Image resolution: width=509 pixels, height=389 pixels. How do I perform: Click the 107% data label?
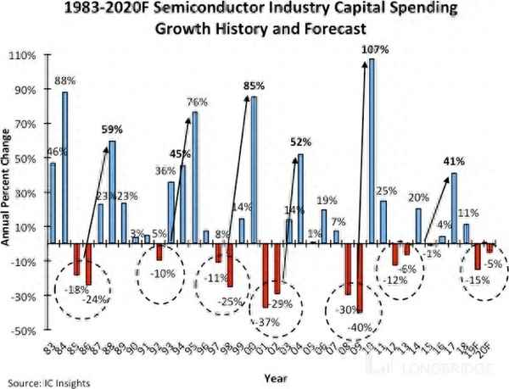(375, 50)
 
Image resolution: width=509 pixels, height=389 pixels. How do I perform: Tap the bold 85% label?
(254, 86)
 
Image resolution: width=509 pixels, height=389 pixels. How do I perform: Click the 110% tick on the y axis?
(22, 56)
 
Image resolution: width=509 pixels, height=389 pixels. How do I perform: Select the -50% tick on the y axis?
(22, 331)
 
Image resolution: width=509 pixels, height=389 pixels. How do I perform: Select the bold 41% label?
(454, 161)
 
